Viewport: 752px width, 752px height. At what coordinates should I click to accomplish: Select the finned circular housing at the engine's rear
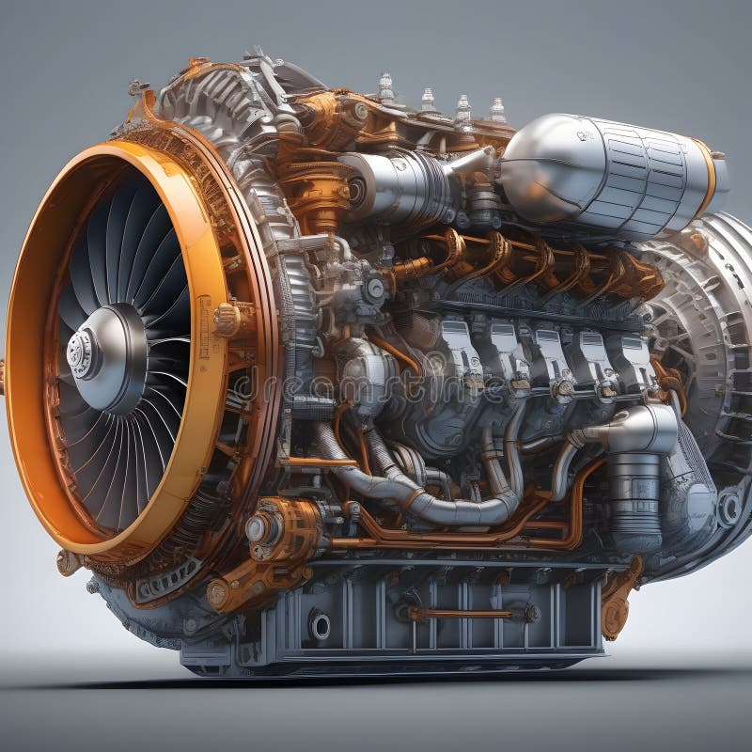(700, 310)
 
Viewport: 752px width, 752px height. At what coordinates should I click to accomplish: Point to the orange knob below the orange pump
(219, 593)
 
